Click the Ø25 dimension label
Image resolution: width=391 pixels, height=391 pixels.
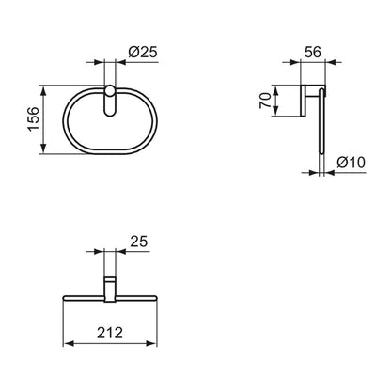[143, 52]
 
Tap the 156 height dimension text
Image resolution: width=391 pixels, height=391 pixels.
[34, 118]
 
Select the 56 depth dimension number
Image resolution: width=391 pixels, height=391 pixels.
[312, 52]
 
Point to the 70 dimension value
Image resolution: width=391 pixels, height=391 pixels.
[265, 101]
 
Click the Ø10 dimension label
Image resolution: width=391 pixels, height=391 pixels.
[351, 163]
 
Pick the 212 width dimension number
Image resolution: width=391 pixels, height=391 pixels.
[110, 333]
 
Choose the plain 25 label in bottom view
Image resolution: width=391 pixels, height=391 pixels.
[139, 242]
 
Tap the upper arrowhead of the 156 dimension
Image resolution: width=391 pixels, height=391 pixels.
[43, 91]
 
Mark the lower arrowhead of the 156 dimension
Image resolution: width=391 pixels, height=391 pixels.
[43, 148]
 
